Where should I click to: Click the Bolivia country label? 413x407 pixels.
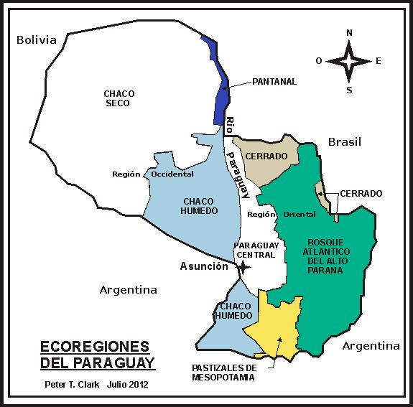(37, 40)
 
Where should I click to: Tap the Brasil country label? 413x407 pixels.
(344, 141)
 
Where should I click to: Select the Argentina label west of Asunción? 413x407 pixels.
(128, 290)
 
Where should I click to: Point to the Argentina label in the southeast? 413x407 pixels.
(370, 346)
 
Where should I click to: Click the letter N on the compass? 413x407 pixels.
(349, 33)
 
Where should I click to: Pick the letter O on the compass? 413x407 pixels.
(319, 61)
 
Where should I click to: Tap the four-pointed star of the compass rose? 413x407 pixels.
(349, 61)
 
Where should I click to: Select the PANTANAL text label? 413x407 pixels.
(274, 82)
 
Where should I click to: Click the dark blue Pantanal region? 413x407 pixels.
(220, 93)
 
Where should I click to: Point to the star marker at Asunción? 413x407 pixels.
(243, 267)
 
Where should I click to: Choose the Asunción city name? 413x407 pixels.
(204, 266)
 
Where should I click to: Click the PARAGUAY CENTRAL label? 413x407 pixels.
(255, 250)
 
